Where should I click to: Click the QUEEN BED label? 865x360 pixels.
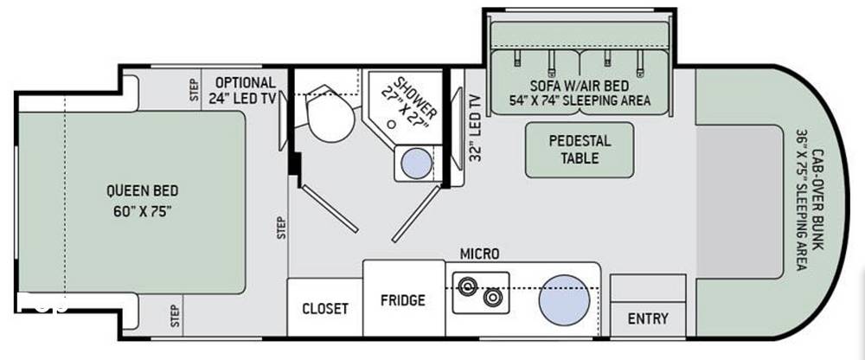(143, 191)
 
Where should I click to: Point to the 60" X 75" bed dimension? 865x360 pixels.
(143, 212)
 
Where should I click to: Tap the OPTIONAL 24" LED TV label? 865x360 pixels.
(242, 91)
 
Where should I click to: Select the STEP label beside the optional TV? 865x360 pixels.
(193, 89)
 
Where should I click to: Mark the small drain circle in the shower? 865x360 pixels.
(391, 125)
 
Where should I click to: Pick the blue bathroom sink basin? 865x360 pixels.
(416, 164)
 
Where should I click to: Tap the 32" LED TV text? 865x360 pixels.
(475, 127)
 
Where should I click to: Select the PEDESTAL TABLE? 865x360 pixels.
(580, 150)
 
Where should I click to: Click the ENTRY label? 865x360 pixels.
(648, 318)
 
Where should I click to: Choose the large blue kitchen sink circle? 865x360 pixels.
(564, 299)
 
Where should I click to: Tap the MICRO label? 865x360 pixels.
(480, 254)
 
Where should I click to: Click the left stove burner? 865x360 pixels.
(467, 286)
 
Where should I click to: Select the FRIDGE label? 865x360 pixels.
(403, 300)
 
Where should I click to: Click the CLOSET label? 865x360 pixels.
(325, 309)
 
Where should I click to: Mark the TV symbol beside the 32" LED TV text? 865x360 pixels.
(458, 128)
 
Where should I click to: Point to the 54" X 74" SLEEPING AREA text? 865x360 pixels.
(580, 100)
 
